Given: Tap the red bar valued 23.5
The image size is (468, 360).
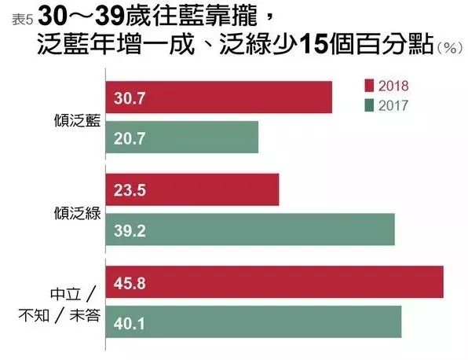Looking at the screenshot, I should point(192,189).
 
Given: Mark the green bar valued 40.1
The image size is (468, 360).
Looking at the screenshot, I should point(252,321).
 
